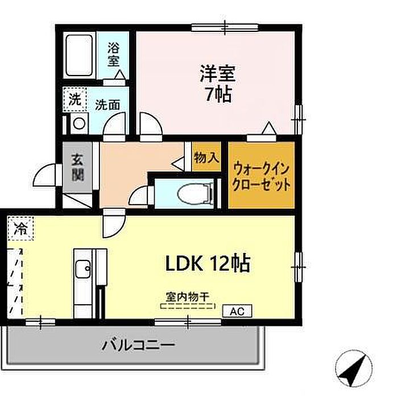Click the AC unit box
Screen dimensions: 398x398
click(x=237, y=311)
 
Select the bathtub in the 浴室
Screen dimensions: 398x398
click(x=79, y=56)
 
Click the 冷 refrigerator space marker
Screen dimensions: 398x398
click(x=20, y=228)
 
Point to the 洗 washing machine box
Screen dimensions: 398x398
click(x=75, y=100)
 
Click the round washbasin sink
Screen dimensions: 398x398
click(x=79, y=123)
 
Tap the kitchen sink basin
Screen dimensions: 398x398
click(x=83, y=269)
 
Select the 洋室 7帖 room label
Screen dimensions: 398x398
click(x=218, y=84)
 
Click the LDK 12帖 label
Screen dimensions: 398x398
click(x=208, y=263)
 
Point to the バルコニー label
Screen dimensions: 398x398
click(x=138, y=345)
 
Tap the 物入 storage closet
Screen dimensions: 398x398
click(x=206, y=156)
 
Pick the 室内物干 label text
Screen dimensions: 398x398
click(x=188, y=297)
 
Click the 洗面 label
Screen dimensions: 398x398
click(x=107, y=105)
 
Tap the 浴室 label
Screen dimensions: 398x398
click(x=114, y=55)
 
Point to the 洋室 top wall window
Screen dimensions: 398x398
click(x=225, y=27)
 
